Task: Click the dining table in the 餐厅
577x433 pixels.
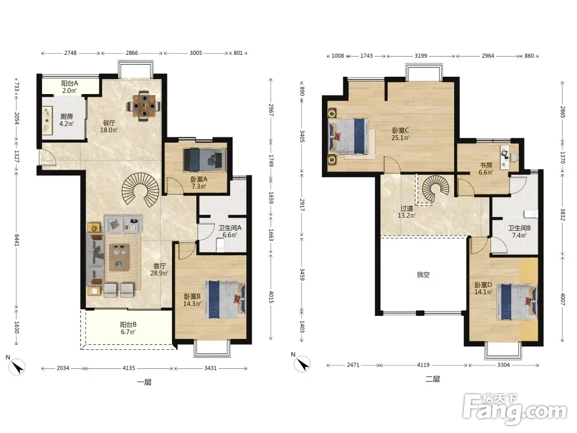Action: [144, 106]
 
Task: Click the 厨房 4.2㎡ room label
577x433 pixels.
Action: [66, 120]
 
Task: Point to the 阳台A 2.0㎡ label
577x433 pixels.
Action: [70, 87]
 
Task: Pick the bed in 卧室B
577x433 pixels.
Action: [227, 299]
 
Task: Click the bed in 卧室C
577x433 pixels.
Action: [349, 136]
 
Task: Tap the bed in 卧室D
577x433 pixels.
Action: [516, 301]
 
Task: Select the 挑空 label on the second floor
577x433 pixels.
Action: [423, 275]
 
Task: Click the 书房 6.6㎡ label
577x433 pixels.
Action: [486, 169]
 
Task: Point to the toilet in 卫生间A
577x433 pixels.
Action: [220, 245]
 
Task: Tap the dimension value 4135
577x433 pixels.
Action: [129, 368]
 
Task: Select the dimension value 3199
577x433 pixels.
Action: [421, 56]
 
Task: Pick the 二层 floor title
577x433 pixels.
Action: [433, 379]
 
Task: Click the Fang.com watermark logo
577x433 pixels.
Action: [515, 409]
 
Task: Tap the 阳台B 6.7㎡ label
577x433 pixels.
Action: [128, 328]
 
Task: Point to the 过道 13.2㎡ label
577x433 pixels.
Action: [406, 212]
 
